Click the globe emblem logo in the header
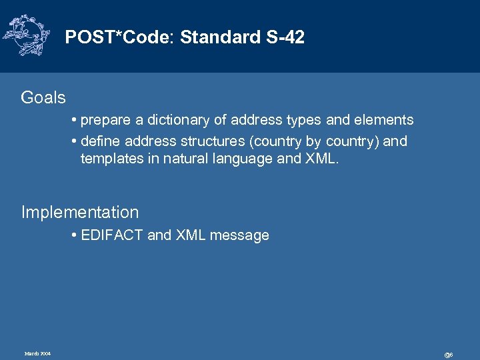(x=26, y=35)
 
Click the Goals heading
(x=43, y=98)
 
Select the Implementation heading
(x=80, y=213)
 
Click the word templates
(x=111, y=159)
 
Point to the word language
(x=245, y=159)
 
